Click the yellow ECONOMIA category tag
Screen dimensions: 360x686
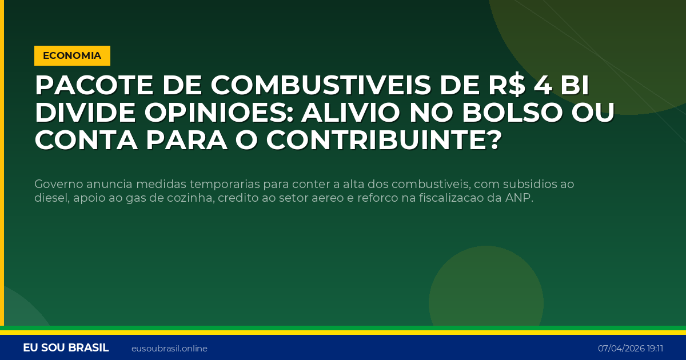click(72, 55)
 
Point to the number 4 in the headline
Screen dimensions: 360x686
click(543, 86)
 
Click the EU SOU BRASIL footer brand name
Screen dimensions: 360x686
click(66, 348)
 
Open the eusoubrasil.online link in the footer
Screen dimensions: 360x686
click(169, 349)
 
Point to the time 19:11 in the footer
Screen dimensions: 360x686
click(656, 349)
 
